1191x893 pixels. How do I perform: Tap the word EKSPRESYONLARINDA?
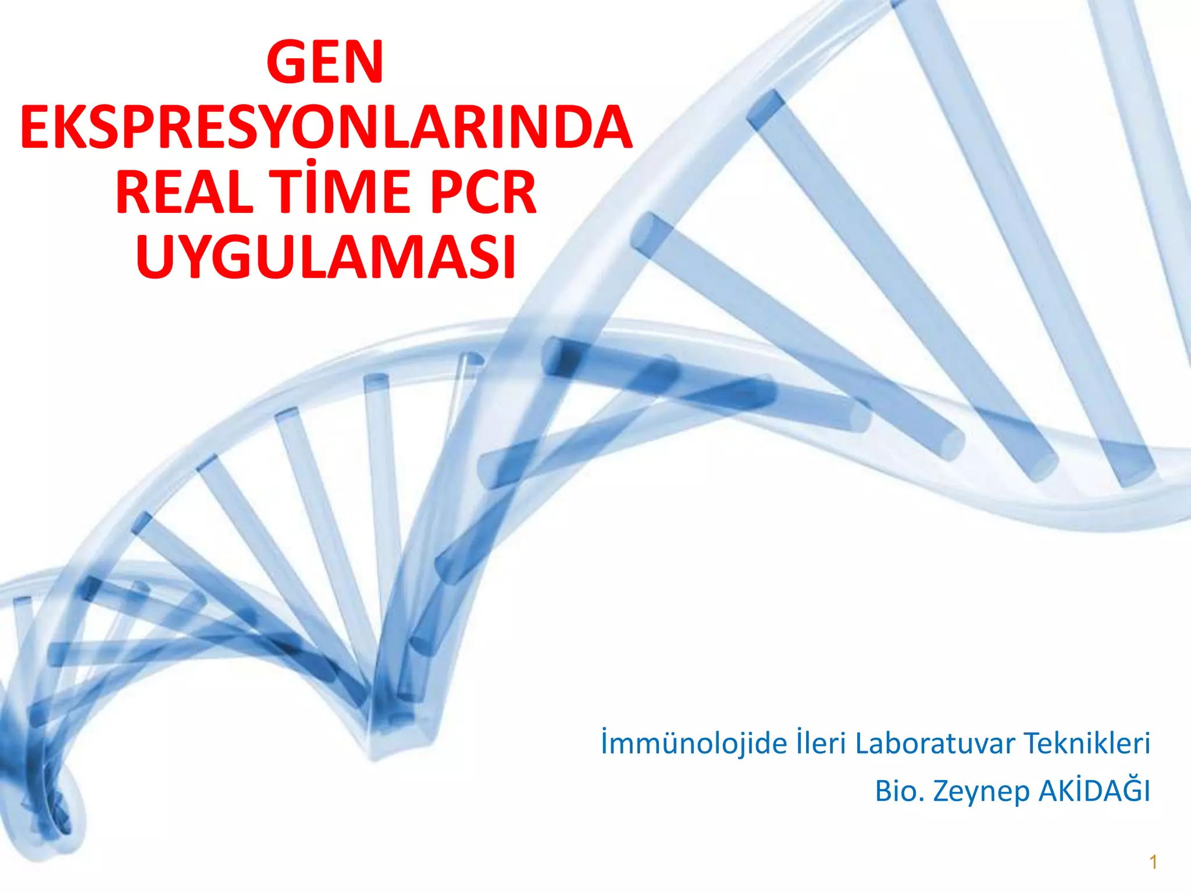326,127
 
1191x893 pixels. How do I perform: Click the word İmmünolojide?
694,745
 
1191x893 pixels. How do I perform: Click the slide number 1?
1153,862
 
